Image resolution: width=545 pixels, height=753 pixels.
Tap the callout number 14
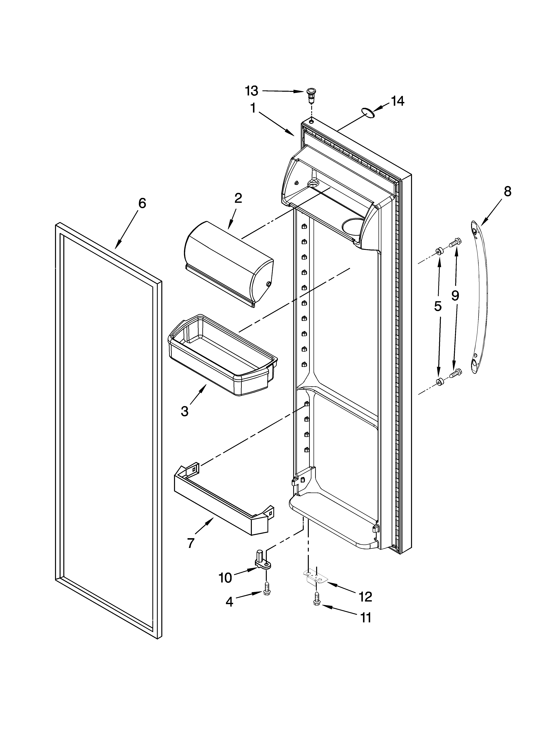pyautogui.click(x=397, y=101)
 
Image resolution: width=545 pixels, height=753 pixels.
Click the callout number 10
pyautogui.click(x=225, y=578)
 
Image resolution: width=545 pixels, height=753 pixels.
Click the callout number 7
pyautogui.click(x=190, y=543)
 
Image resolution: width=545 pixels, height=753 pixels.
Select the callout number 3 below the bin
pyautogui.click(x=185, y=411)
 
